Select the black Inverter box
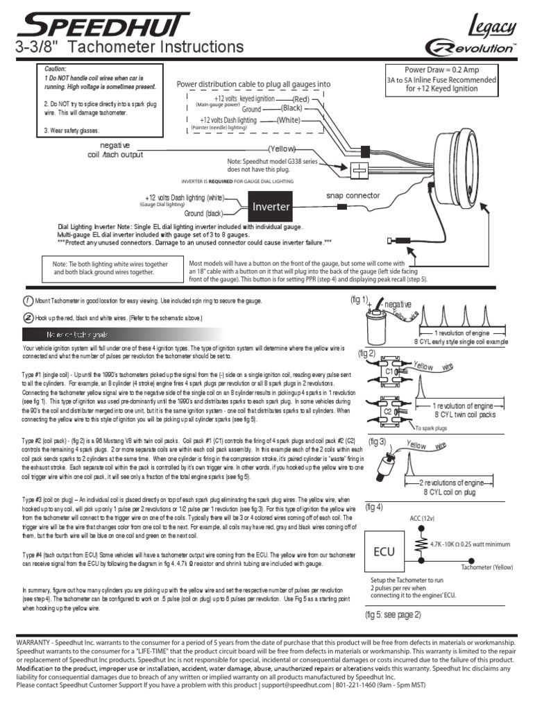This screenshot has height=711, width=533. (x=271, y=206)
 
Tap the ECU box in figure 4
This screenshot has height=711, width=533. (x=384, y=551)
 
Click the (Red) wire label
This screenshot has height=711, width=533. (x=301, y=100)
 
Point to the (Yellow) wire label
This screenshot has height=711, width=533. (x=282, y=149)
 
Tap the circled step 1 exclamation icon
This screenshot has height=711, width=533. (x=27, y=301)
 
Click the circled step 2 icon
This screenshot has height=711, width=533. (x=27, y=317)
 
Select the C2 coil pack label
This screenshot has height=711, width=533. (x=389, y=411)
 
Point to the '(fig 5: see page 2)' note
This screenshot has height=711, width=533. (x=393, y=614)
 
